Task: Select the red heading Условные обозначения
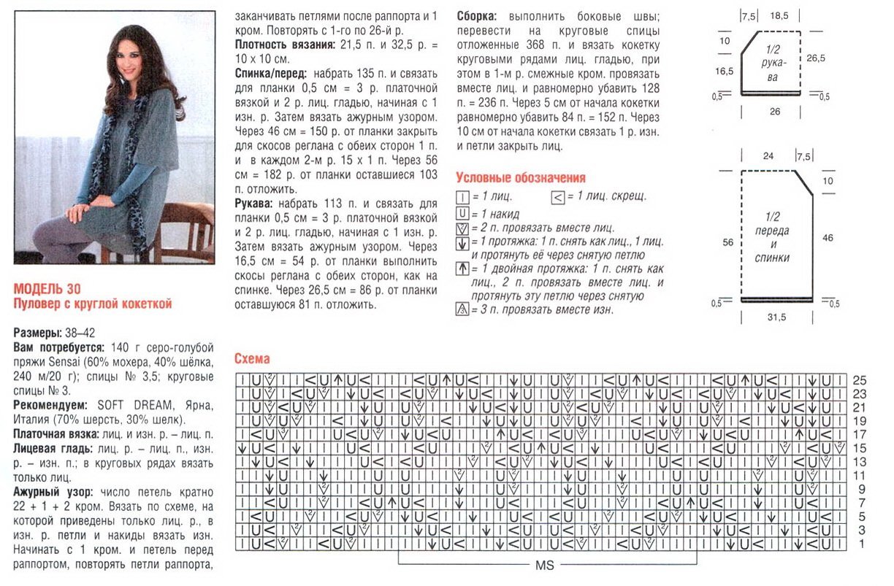point(520,177)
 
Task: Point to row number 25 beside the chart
point(860,381)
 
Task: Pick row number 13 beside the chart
point(860,462)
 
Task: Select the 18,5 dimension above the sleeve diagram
point(779,16)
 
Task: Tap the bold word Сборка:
point(478,16)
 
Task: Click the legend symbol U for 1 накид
point(462,213)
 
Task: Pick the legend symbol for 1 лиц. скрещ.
point(559,197)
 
